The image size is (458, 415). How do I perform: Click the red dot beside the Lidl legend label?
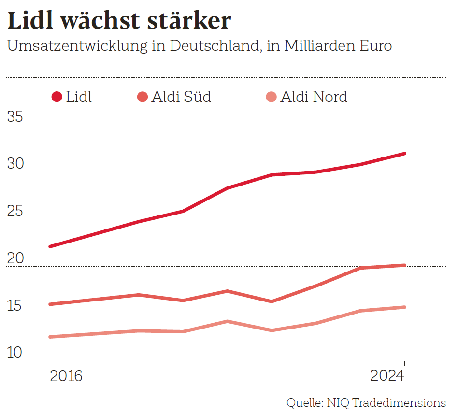coord(57,97)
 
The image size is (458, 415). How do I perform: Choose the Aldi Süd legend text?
coord(181,97)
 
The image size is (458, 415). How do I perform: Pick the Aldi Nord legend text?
coord(314,97)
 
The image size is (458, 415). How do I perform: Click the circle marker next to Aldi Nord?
coord(271,97)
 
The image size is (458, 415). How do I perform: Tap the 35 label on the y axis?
coord(15,117)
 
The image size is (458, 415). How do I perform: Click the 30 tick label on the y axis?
coord(15,164)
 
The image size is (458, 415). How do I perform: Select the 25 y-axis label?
coord(15,212)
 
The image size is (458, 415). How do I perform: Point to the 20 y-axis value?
coord(15,259)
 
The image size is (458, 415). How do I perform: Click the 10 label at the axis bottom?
coord(15,353)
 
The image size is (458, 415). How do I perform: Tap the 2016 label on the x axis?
coord(66,376)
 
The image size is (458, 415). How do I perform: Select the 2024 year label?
coord(387,376)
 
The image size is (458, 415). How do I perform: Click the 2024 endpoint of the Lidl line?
coord(404,154)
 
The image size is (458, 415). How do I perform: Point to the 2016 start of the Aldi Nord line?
coord(50,337)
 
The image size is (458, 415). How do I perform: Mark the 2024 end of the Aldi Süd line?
coord(404,265)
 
